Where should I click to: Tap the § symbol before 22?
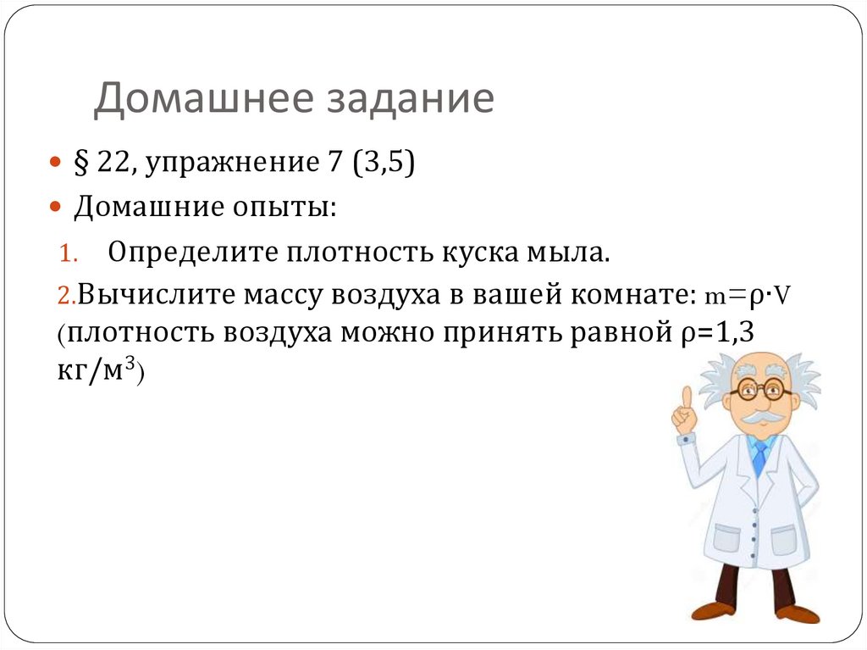click(x=81, y=163)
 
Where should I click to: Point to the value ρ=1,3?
click(x=716, y=334)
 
